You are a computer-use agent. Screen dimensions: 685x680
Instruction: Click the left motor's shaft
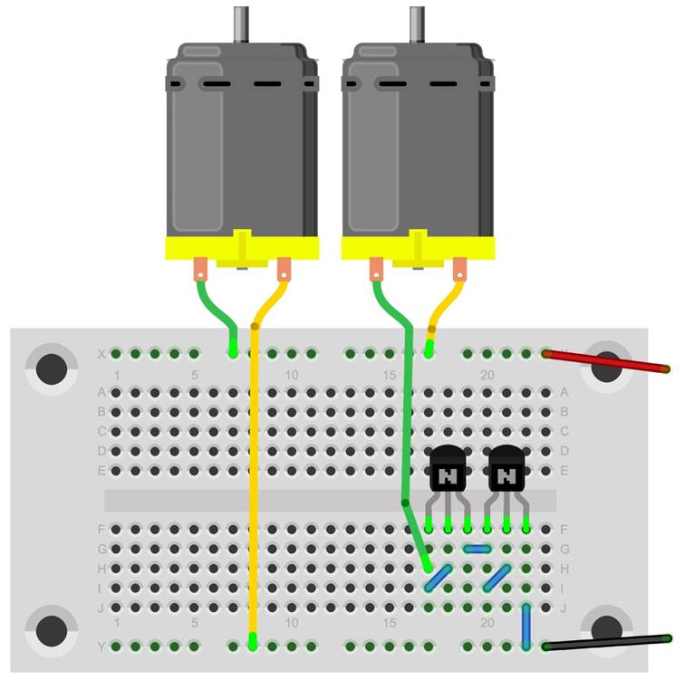click(241, 24)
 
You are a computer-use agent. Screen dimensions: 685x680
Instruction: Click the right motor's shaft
click(417, 24)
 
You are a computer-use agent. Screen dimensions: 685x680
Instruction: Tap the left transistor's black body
click(448, 468)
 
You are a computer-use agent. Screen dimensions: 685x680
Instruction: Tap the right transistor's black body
click(507, 468)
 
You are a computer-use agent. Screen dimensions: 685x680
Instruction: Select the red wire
click(606, 361)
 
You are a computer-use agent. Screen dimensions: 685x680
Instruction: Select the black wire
click(607, 643)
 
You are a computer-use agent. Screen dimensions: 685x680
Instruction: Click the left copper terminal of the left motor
click(200, 269)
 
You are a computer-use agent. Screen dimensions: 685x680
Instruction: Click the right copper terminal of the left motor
click(284, 269)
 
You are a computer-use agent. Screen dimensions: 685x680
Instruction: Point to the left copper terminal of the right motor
click(376, 269)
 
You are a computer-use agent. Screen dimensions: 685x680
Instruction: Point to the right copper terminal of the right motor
click(459, 269)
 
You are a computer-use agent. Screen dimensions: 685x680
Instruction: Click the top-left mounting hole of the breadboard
click(52, 369)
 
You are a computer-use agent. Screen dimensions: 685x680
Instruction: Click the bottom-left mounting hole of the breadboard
click(52, 631)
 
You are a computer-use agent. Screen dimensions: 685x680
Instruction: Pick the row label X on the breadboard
click(101, 354)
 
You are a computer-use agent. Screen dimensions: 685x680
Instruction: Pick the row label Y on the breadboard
click(101, 646)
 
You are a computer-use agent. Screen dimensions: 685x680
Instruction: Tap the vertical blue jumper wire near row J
click(526, 626)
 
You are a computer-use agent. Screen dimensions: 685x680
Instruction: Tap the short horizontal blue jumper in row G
click(477, 549)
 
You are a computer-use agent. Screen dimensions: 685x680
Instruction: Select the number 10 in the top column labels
click(292, 375)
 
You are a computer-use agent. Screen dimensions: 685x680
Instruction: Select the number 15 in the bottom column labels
click(390, 623)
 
